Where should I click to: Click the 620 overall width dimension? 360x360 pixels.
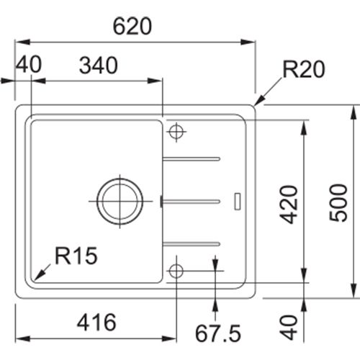tap(132, 26)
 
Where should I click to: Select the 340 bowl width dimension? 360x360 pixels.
tap(99, 66)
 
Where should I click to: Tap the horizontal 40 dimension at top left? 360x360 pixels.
tap(29, 64)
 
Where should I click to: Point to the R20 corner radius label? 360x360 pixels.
tap(304, 69)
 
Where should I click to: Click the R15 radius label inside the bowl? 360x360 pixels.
tap(76, 256)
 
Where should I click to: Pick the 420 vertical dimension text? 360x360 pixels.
tap(289, 204)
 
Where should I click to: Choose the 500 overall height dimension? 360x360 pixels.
tap(338, 203)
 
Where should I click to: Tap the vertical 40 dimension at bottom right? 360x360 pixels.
tap(289, 328)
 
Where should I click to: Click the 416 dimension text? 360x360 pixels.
tap(96, 323)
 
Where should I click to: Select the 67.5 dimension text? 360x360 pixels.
tap(218, 333)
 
